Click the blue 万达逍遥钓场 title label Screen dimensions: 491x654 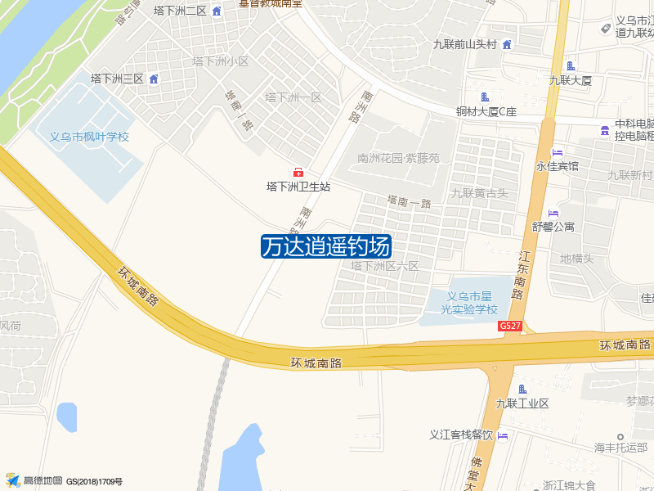(326, 246)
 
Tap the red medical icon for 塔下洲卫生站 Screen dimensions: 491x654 (298, 172)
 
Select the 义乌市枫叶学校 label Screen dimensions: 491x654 (90, 137)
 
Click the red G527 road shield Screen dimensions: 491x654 (510, 326)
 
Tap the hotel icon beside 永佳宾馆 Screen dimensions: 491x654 (558, 152)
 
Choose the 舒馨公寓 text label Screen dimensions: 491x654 (554, 227)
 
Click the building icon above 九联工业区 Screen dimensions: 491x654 (522, 389)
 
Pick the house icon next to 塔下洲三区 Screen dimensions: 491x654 (154, 79)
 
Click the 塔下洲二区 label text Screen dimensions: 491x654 (181, 11)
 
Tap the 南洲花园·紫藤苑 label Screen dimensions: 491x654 (398, 158)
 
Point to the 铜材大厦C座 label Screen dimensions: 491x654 (486, 111)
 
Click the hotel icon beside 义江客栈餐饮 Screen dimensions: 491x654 (502, 435)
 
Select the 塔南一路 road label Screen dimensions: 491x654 (409, 200)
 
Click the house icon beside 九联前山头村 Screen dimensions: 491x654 (507, 44)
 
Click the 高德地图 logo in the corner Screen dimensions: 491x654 (34, 481)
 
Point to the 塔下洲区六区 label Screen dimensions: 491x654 (384, 266)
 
